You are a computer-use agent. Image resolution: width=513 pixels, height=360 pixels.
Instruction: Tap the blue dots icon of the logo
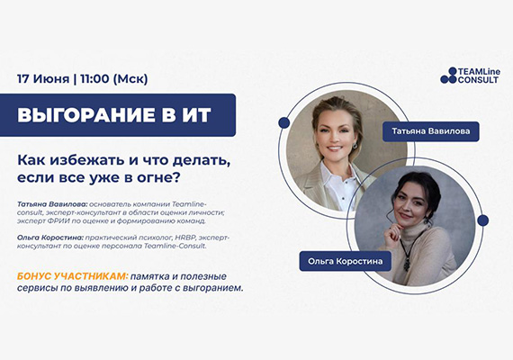tap(449, 76)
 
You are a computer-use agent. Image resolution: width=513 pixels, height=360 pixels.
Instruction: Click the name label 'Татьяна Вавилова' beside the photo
tap(430, 130)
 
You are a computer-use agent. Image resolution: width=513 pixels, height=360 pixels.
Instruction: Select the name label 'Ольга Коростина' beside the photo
tap(344, 262)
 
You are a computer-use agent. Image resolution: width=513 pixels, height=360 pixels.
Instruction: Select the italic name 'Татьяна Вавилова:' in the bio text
tap(50, 202)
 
